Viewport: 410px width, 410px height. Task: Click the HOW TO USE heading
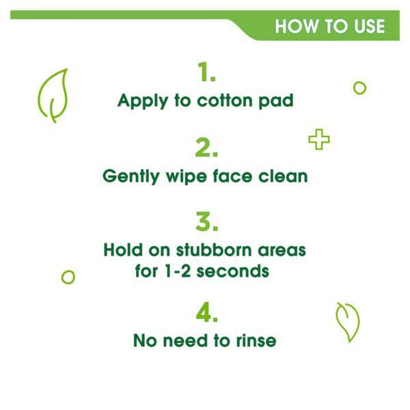[329, 27]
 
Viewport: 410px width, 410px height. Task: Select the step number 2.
[205, 147]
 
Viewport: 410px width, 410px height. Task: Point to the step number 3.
[205, 221]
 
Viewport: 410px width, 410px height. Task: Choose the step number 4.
[206, 312]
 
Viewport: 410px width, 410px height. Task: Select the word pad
[277, 101]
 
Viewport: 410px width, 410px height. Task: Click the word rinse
[256, 340]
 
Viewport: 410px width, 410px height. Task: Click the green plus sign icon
[318, 140]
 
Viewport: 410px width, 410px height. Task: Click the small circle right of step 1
[359, 87]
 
